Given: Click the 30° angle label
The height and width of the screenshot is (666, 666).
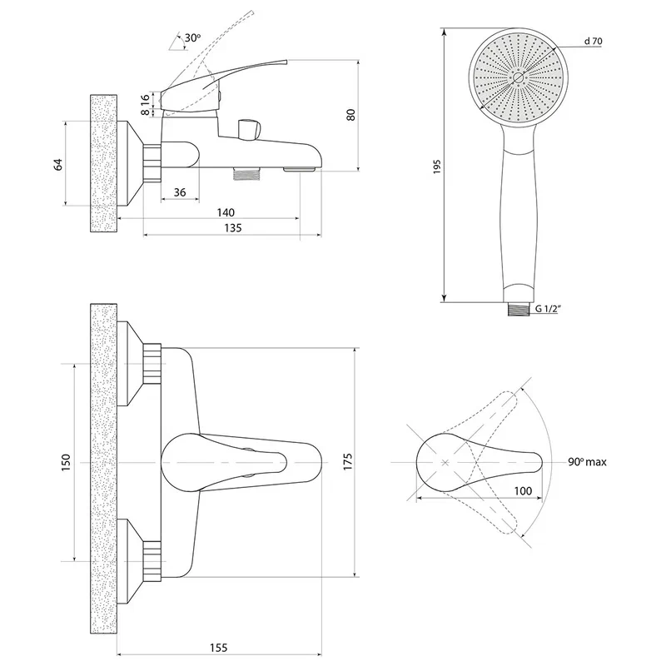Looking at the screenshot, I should (192, 38).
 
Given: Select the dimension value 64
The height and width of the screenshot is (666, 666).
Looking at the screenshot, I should (58, 163).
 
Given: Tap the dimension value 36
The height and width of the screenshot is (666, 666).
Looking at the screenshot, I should (179, 193).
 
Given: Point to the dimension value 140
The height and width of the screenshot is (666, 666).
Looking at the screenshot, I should (224, 212).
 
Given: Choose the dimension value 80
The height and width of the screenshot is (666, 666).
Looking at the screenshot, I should (350, 116).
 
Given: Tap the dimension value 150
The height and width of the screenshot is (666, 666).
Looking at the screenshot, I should (66, 463).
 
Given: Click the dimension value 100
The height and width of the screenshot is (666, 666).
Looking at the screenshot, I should (522, 491).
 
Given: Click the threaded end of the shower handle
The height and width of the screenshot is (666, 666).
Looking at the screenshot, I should (518, 307).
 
